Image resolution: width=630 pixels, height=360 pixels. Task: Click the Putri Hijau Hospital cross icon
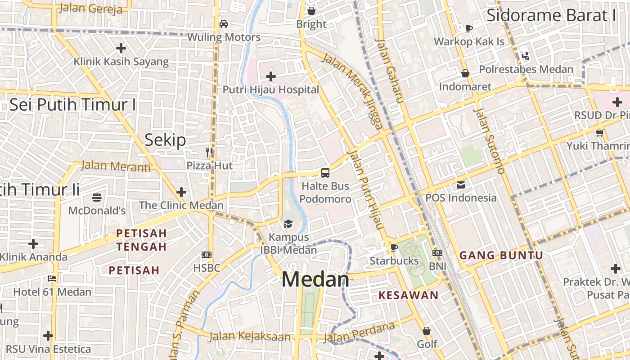tap(270, 76)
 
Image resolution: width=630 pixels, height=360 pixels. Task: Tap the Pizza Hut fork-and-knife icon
tap(209, 153)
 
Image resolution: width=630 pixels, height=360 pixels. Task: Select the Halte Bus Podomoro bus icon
tap(325, 172)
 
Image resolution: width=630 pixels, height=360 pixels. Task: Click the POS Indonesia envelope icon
tap(461, 184)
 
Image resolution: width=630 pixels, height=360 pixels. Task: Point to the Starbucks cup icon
tap(394, 247)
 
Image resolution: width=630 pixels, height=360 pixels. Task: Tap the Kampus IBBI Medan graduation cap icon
tap(288, 224)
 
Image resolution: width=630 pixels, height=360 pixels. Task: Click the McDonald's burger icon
tap(97, 197)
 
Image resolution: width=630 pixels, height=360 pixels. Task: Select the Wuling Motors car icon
tap(223, 23)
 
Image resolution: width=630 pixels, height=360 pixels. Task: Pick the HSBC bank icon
tap(207, 255)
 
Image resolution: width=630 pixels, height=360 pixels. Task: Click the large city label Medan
tap(315, 279)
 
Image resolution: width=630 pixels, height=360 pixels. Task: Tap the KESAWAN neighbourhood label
tap(408, 295)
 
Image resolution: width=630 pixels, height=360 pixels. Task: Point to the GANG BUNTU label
tap(501, 256)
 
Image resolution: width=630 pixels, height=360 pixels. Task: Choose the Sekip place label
tap(165, 140)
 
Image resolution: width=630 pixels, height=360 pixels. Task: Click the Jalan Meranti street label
tap(116, 166)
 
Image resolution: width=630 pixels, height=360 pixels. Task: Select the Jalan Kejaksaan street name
tap(250, 336)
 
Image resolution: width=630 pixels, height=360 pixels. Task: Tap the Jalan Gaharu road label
tap(388, 71)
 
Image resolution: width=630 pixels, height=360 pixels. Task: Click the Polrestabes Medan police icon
tap(525, 56)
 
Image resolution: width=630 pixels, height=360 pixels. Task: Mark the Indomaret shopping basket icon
tap(465, 73)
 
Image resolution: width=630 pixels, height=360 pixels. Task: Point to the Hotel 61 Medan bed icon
tap(52, 279)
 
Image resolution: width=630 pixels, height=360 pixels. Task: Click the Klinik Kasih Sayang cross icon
tap(121, 48)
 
